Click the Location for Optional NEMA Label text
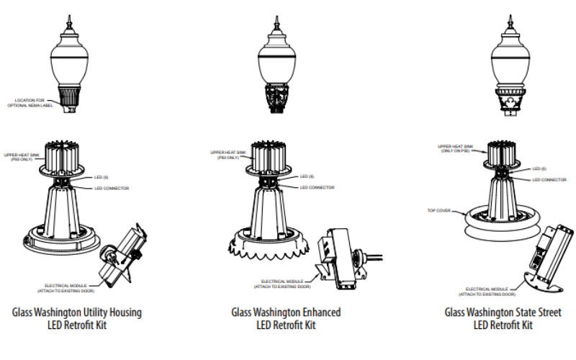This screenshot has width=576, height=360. (36, 103)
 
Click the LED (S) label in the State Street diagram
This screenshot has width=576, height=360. (541, 168)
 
